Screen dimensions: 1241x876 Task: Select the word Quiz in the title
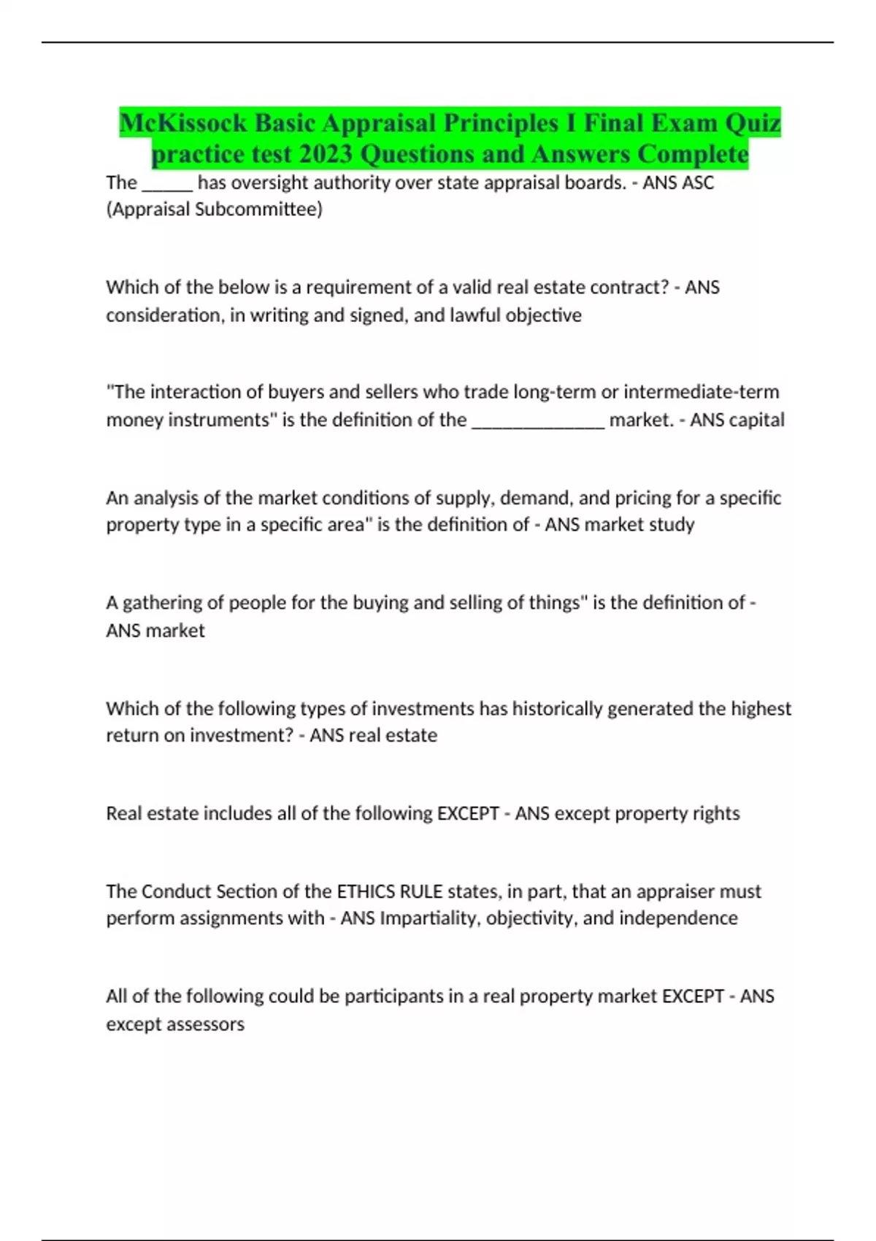(753, 123)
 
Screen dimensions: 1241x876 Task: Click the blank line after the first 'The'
(167, 184)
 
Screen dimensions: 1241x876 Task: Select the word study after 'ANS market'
(672, 525)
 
